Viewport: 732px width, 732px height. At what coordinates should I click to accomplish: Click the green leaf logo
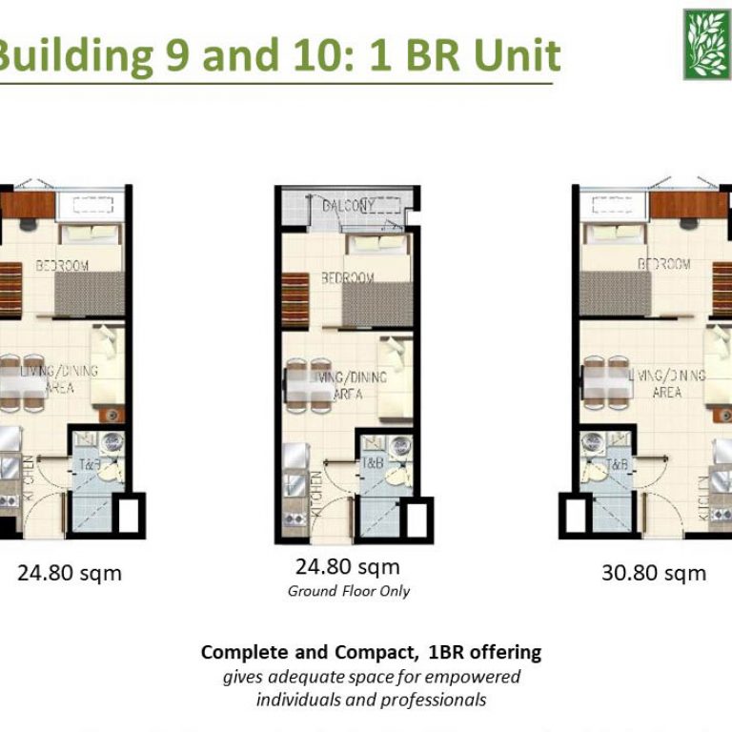coord(706,44)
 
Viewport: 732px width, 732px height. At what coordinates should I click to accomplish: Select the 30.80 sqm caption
coord(653,573)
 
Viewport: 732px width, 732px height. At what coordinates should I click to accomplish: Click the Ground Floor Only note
coord(349,591)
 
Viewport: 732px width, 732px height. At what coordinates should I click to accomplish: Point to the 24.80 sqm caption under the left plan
coord(70,573)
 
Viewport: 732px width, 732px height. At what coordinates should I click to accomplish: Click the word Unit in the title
coord(512,56)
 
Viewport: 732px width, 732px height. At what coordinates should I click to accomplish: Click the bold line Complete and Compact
coord(371,653)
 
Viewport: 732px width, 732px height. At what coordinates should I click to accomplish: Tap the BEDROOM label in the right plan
coord(663,264)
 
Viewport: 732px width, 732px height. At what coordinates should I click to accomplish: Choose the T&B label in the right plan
coord(617,465)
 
